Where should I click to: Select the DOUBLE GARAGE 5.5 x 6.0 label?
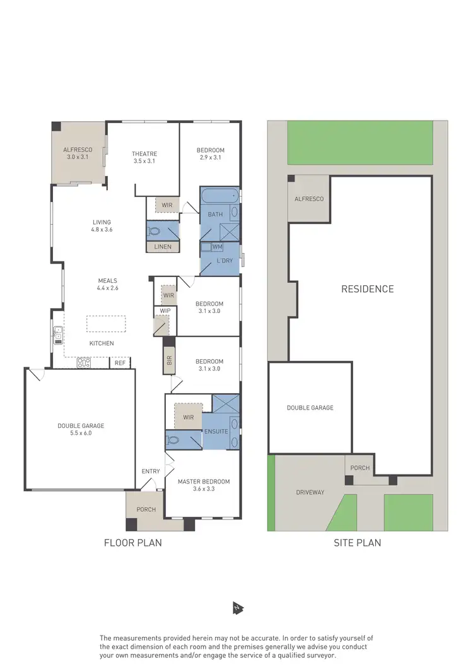pyautogui.click(x=81, y=429)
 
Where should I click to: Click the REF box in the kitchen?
pyautogui.click(x=119, y=363)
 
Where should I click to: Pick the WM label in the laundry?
pyautogui.click(x=217, y=246)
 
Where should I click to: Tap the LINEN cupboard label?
pyautogui.click(x=162, y=247)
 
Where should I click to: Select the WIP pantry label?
pyautogui.click(x=165, y=311)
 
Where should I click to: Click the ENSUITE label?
pyautogui.click(x=216, y=431)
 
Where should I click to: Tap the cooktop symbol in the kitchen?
pyautogui.click(x=84, y=363)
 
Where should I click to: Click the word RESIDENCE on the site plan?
pyautogui.click(x=367, y=289)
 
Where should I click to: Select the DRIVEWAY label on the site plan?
pyautogui.click(x=310, y=492)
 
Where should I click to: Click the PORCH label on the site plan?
pyautogui.click(x=360, y=468)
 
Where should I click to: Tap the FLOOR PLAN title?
pyautogui.click(x=132, y=542)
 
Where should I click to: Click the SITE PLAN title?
pyautogui.click(x=358, y=542)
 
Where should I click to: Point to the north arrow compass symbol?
pyautogui.click(x=237, y=608)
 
